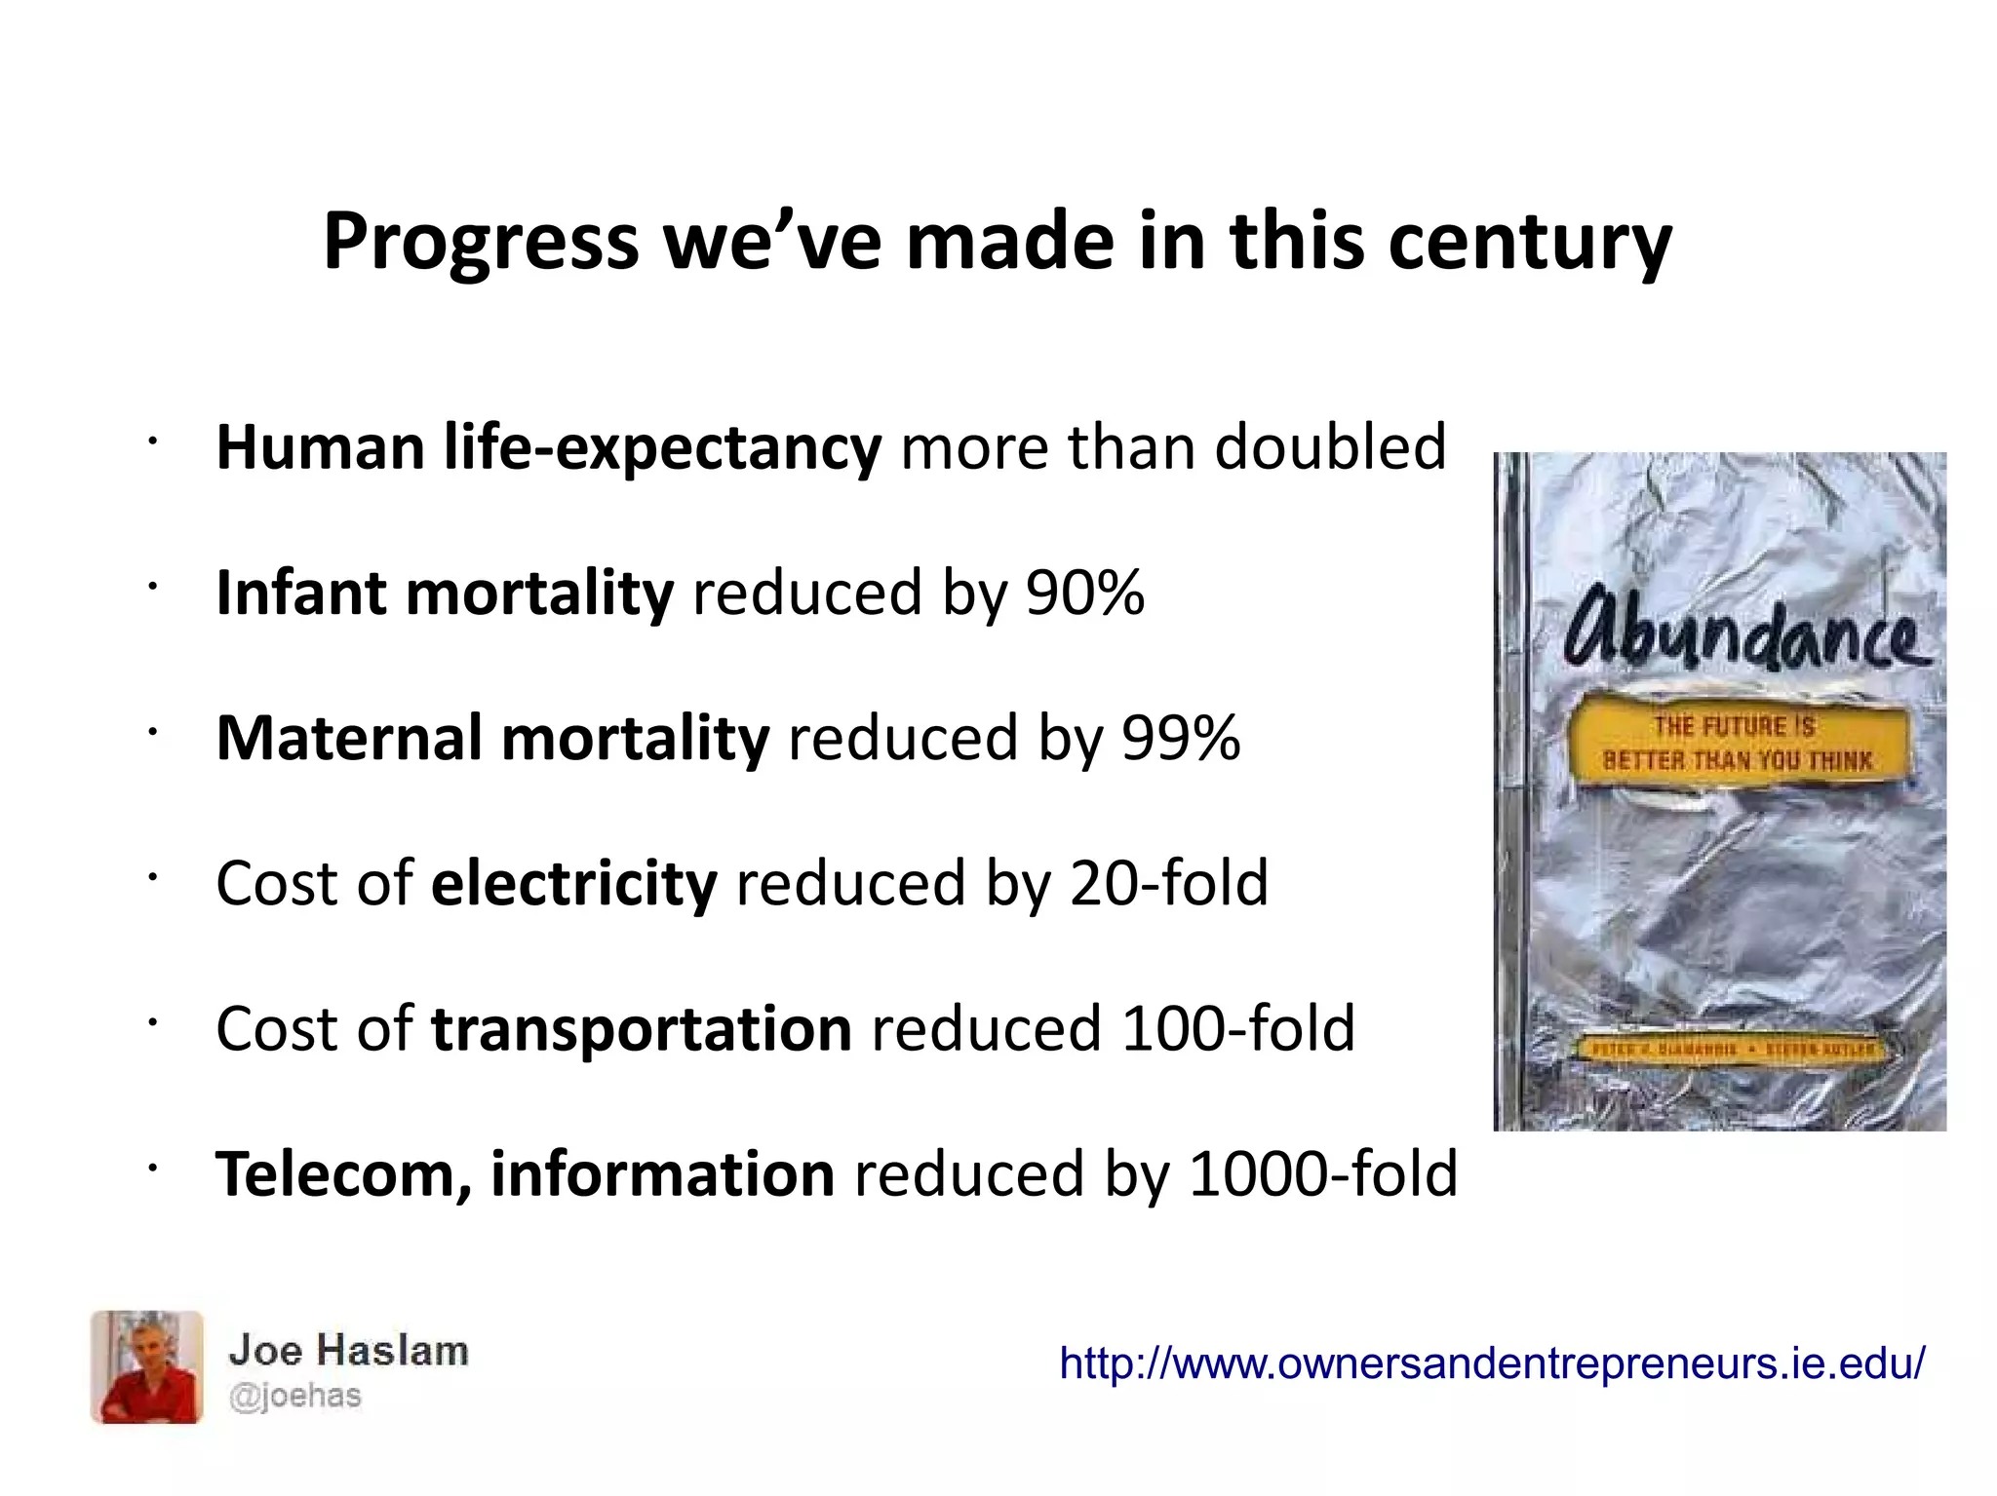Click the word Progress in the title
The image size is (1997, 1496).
click(480, 242)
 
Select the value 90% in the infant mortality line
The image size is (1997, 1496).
click(1084, 593)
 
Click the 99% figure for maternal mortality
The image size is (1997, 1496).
click(1181, 738)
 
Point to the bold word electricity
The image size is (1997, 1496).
click(573, 883)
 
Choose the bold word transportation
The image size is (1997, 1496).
click(641, 1029)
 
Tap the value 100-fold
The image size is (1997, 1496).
click(1238, 1028)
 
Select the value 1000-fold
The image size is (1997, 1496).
click(1323, 1173)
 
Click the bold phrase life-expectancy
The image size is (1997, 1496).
click(662, 447)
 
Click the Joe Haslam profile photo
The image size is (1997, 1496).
click(147, 1366)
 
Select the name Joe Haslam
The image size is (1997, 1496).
click(348, 1351)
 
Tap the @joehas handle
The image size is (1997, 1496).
click(294, 1396)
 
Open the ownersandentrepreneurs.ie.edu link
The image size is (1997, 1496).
click(1492, 1362)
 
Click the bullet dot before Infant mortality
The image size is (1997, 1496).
click(152, 587)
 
